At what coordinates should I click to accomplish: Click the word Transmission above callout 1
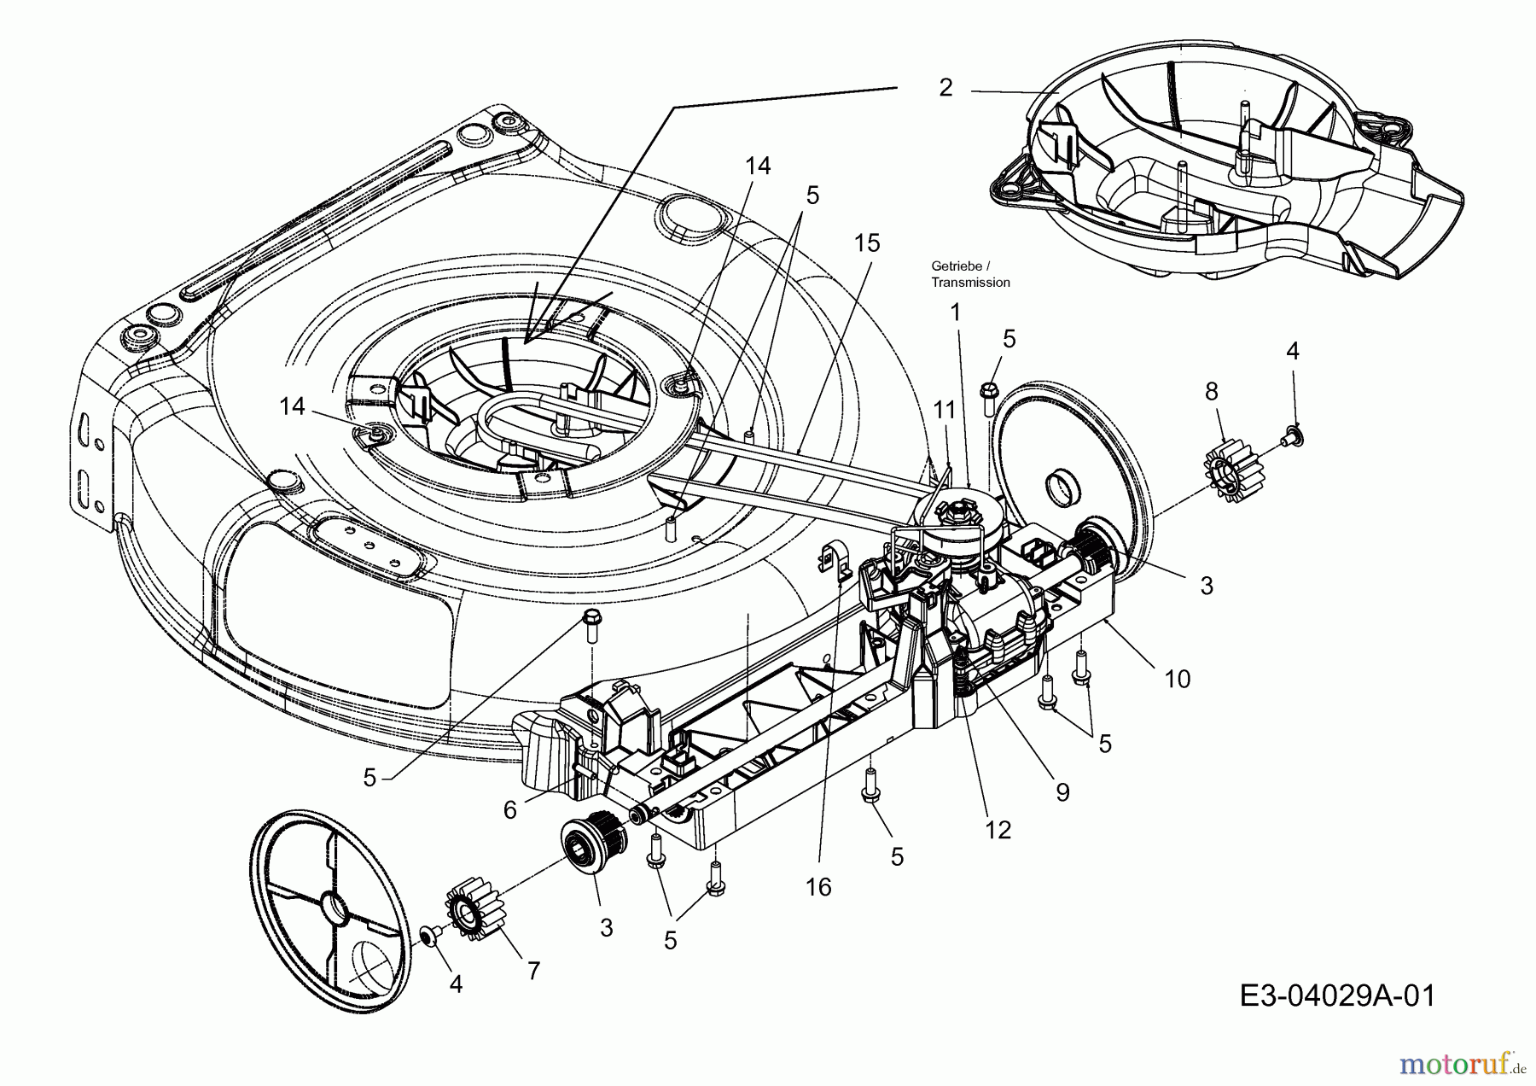[970, 283]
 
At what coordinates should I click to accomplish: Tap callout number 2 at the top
[945, 87]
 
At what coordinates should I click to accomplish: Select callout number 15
[866, 243]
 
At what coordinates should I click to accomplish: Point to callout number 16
[817, 887]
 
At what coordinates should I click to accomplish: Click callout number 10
[1177, 679]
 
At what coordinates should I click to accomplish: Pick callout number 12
[998, 829]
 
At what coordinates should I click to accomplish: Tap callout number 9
[1062, 792]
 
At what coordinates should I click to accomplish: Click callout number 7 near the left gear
[533, 971]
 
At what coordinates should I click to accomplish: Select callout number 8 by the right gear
[1212, 391]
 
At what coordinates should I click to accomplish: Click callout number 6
[510, 809]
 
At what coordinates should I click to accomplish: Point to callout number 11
[944, 411]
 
